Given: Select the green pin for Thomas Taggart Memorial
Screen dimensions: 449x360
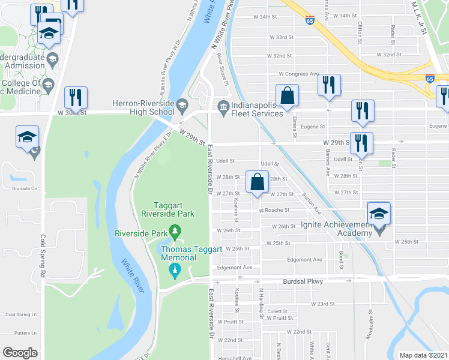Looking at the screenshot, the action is coord(175,271).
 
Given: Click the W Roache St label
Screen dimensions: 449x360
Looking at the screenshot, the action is coord(274,211).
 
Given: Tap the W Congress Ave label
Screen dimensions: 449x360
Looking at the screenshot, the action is coord(299,74).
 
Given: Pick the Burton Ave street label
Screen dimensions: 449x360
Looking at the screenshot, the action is coord(312,203).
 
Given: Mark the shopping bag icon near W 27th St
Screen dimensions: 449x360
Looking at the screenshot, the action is coord(257,184).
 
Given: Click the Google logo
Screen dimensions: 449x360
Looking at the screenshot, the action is coord(20,353).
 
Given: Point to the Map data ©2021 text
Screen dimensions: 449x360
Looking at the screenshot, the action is coord(423,355).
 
